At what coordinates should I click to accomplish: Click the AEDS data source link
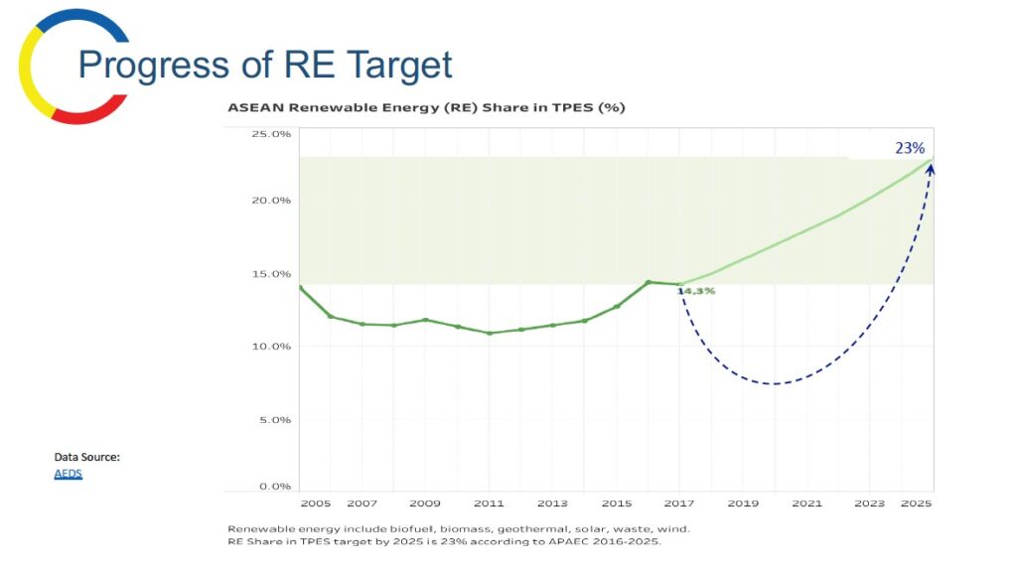(x=68, y=475)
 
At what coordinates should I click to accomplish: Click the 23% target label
(x=910, y=148)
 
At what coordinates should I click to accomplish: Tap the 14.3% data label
(x=696, y=291)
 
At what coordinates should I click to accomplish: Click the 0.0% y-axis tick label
(x=274, y=487)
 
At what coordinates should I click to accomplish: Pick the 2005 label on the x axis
(x=315, y=504)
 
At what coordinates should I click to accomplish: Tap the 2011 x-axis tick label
(x=489, y=504)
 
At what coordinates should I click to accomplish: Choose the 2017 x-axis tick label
(x=680, y=504)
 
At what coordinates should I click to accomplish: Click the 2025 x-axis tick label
(x=916, y=504)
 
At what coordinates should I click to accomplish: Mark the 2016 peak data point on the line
(x=648, y=282)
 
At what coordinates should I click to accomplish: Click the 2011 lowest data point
(x=489, y=333)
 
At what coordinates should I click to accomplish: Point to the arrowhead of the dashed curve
(x=931, y=169)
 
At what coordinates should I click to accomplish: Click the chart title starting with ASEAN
(x=426, y=107)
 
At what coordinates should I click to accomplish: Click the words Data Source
(x=87, y=457)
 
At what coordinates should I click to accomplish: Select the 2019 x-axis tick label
(x=743, y=504)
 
